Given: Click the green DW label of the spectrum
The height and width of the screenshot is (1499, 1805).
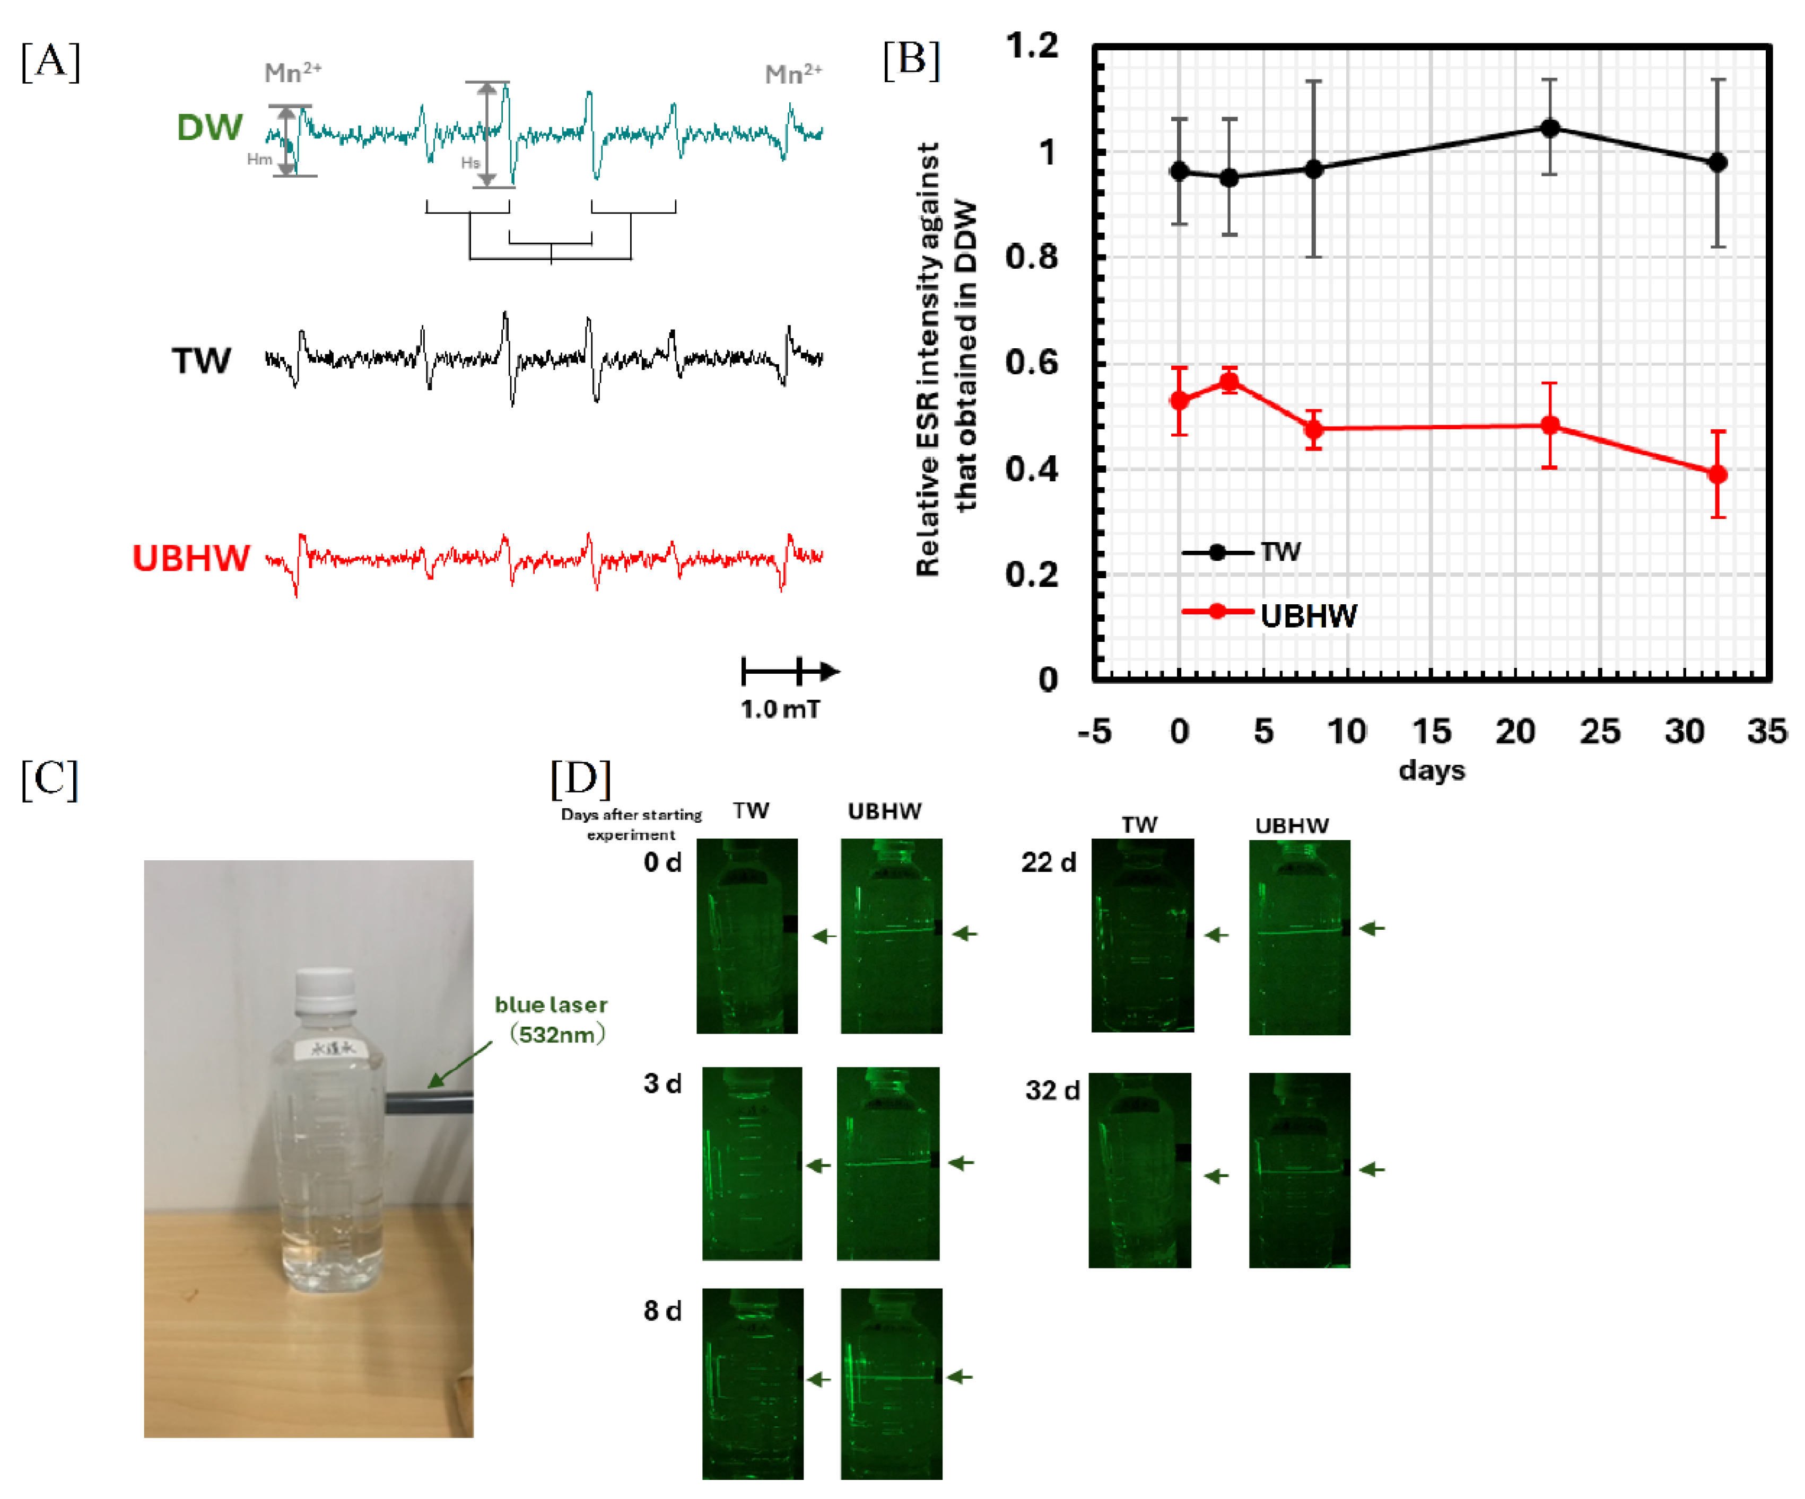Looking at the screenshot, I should point(209,127).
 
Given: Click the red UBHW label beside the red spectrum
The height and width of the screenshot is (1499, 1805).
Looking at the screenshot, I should point(191,558).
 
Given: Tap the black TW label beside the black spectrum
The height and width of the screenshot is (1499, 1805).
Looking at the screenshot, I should point(201,361).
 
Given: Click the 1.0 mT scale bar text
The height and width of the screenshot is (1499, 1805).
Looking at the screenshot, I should point(780,710).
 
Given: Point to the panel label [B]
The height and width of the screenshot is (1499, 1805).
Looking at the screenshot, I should point(911,60).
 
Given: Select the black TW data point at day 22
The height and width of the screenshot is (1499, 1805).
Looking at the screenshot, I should point(1550,128).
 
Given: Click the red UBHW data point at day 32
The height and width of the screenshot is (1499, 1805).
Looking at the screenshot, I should point(1717,474).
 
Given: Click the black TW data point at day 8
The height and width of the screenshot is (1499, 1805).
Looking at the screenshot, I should point(1313,169).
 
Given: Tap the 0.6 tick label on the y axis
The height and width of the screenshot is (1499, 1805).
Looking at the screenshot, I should point(1032,363).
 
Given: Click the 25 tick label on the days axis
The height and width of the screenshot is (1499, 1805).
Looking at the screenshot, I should point(1600,732).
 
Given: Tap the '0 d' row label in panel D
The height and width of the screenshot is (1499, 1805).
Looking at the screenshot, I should point(662,862).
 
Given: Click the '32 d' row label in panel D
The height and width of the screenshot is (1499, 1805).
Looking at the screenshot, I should point(1052,1091).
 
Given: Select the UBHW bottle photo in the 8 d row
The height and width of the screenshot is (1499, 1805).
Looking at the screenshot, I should point(891,1383).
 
